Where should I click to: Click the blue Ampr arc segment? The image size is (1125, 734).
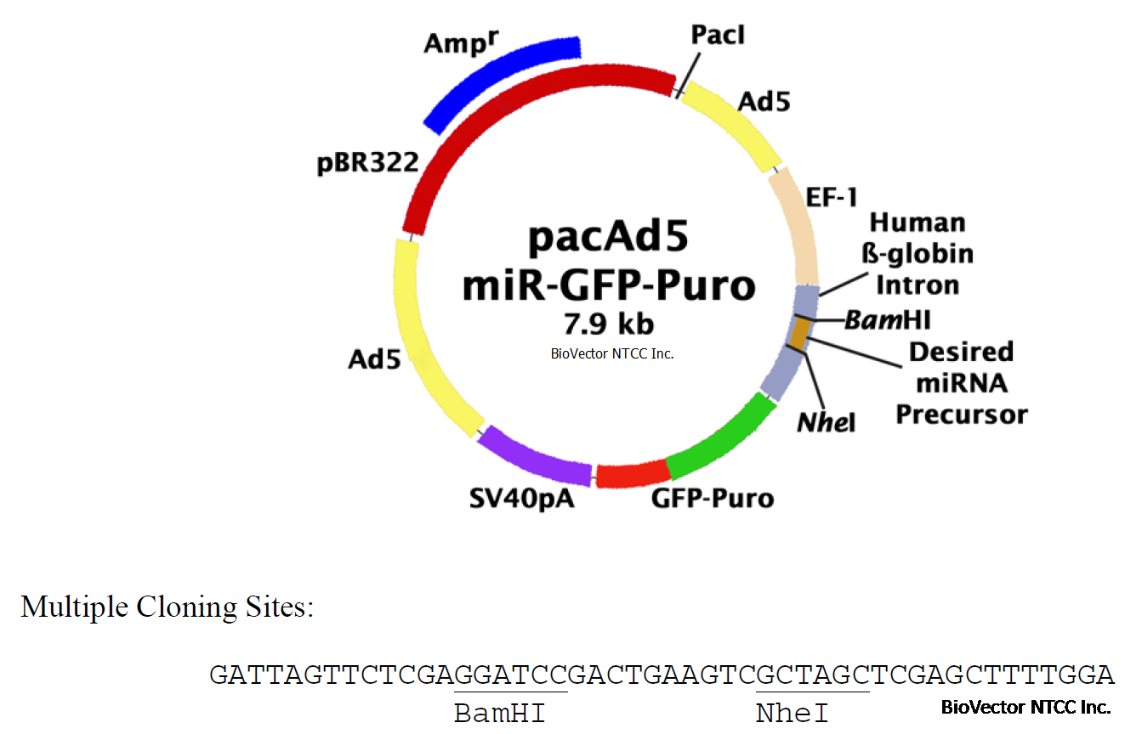(502, 82)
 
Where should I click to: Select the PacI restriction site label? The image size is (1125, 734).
(718, 36)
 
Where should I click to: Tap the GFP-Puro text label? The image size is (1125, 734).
(713, 497)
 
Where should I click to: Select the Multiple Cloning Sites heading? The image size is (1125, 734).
(167, 607)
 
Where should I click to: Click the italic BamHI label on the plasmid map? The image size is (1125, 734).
(889, 320)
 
